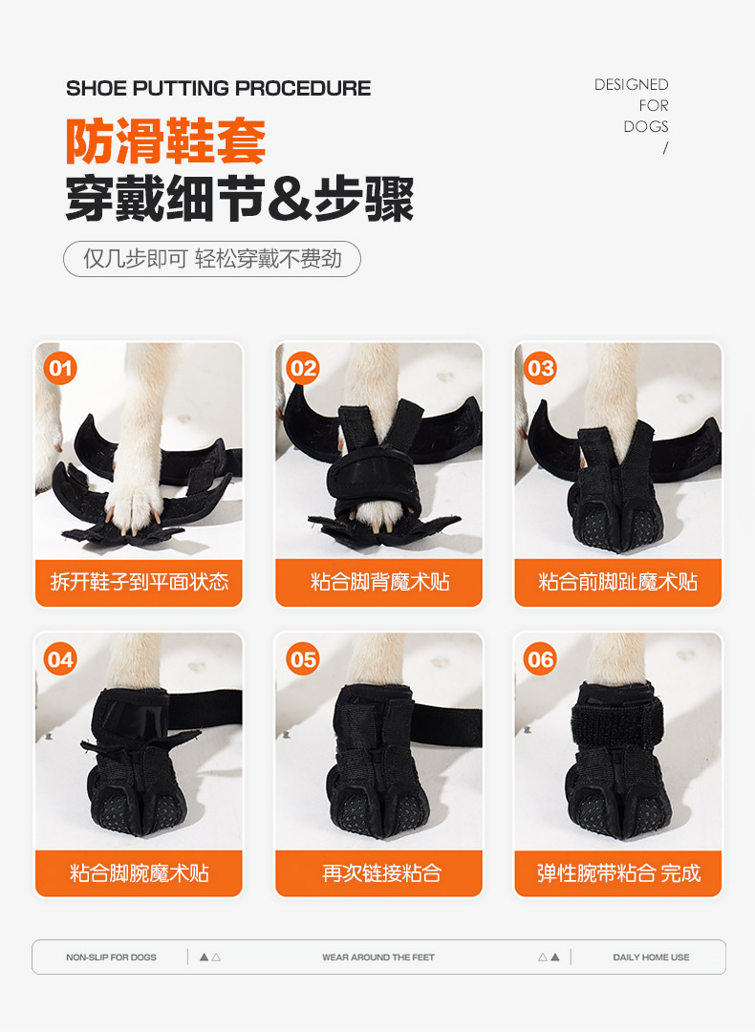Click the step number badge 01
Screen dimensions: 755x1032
pos(60,368)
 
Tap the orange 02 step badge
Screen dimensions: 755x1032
pos(303,368)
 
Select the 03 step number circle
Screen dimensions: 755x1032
pos(540,368)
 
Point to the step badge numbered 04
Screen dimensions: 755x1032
pos(60,658)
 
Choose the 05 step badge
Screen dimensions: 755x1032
pos(303,658)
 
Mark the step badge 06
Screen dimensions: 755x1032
pos(540,658)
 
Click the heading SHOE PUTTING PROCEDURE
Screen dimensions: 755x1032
pos(219,88)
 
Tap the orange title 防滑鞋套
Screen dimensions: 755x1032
pos(166,141)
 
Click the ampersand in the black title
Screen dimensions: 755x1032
pos(291,199)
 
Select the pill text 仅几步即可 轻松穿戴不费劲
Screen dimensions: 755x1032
pos(212,259)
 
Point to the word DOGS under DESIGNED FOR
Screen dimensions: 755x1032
pos(646,126)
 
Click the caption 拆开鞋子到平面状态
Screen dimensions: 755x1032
pos(140,582)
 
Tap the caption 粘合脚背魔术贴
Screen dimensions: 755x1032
pos(379,582)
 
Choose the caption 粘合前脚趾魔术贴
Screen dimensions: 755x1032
pos(618,582)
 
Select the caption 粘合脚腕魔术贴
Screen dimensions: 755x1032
pos(140,872)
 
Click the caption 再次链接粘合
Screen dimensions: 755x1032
pos(381,872)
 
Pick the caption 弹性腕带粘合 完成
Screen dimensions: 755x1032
pos(618,872)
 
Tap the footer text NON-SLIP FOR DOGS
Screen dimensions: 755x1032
pos(111,957)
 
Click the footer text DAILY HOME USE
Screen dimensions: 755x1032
pos(651,957)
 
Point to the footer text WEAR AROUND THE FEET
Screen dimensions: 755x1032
pos(378,957)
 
